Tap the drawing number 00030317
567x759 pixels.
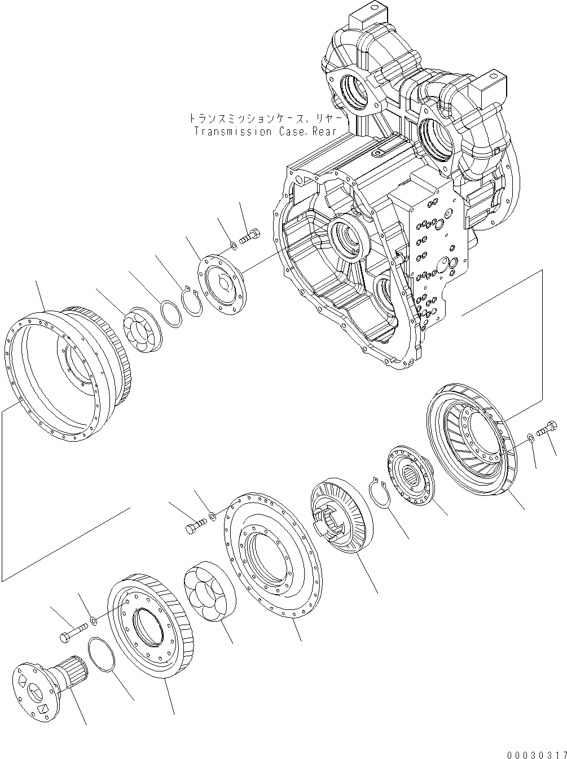[x=535, y=754]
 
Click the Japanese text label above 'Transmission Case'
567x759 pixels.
[x=264, y=119]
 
